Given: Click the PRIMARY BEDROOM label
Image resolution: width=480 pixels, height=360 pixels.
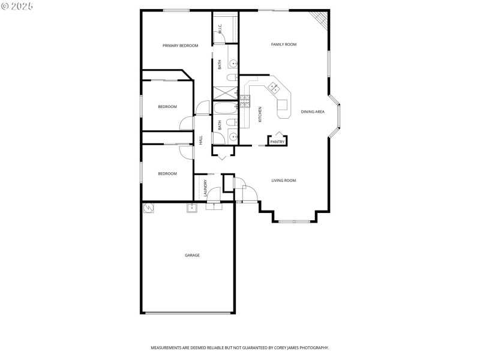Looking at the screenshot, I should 180,46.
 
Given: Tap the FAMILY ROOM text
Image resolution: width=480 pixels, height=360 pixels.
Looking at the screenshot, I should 284,44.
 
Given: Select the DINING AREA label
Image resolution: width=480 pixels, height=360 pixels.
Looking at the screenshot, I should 312,112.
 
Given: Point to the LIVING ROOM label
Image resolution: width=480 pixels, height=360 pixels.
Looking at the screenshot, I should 283,181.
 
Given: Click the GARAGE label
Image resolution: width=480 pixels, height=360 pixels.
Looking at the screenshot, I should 192,255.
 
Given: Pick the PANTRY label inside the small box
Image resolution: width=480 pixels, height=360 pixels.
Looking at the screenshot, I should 277,142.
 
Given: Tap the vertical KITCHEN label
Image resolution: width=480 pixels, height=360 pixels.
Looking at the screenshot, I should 260,114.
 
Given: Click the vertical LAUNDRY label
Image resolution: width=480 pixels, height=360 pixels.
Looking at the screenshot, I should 205,188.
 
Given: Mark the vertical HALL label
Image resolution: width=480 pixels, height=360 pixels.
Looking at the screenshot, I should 201,140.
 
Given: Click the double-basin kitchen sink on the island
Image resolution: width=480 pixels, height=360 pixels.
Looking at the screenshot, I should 274,87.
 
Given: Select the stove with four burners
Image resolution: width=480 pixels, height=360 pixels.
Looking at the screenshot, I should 244,100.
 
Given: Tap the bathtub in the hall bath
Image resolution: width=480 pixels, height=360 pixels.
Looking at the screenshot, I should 226,109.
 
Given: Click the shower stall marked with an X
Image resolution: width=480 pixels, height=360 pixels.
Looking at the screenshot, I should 226,93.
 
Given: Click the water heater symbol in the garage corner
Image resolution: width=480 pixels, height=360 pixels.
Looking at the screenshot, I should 149,208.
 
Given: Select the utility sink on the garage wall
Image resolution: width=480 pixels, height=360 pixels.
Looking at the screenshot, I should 192,208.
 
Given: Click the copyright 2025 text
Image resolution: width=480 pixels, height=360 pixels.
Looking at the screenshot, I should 17,6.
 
